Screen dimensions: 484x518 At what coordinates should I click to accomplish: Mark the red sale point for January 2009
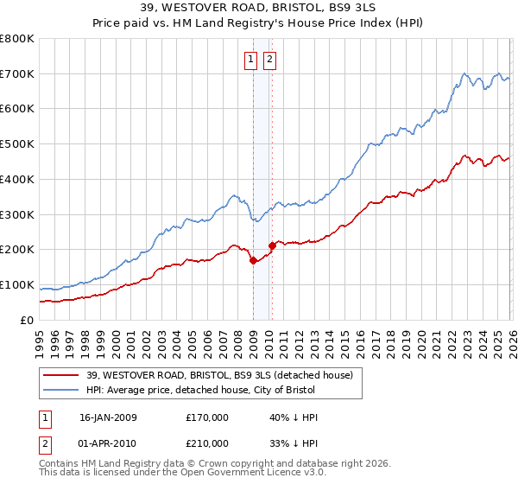point(253,260)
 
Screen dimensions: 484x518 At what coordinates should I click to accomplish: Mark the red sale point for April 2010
point(272,245)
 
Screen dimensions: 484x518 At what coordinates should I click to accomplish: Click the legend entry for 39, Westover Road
point(218,375)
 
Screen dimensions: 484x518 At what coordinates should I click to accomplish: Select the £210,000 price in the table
point(207,443)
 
